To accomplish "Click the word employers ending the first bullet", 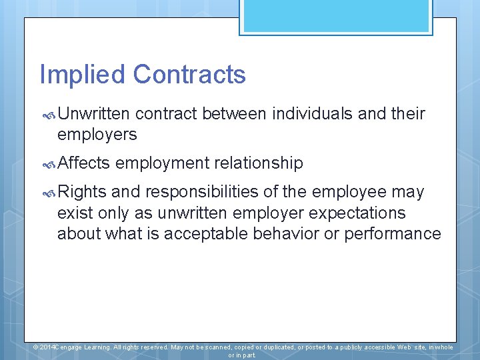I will [x=97, y=135].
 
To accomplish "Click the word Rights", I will [x=81, y=193].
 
